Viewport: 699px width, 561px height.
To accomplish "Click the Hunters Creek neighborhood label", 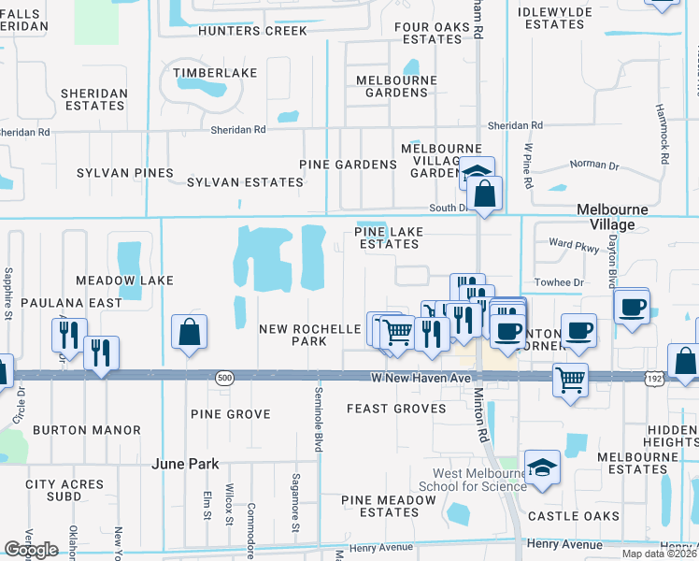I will pyautogui.click(x=252, y=31).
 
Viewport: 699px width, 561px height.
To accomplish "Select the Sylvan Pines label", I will pyautogui.click(x=125, y=173).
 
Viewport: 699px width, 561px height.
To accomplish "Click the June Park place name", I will pyautogui.click(x=186, y=464).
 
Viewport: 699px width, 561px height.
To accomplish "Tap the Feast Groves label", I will pyautogui.click(x=399, y=409).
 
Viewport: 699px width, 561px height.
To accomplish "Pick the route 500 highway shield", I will pyautogui.click(x=223, y=377).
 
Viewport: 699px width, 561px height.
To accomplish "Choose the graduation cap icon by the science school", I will pyautogui.click(x=542, y=467).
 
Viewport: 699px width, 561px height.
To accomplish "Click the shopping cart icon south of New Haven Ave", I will pyautogui.click(x=569, y=379).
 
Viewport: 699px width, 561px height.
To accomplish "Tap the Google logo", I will pyautogui.click(x=31, y=550).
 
